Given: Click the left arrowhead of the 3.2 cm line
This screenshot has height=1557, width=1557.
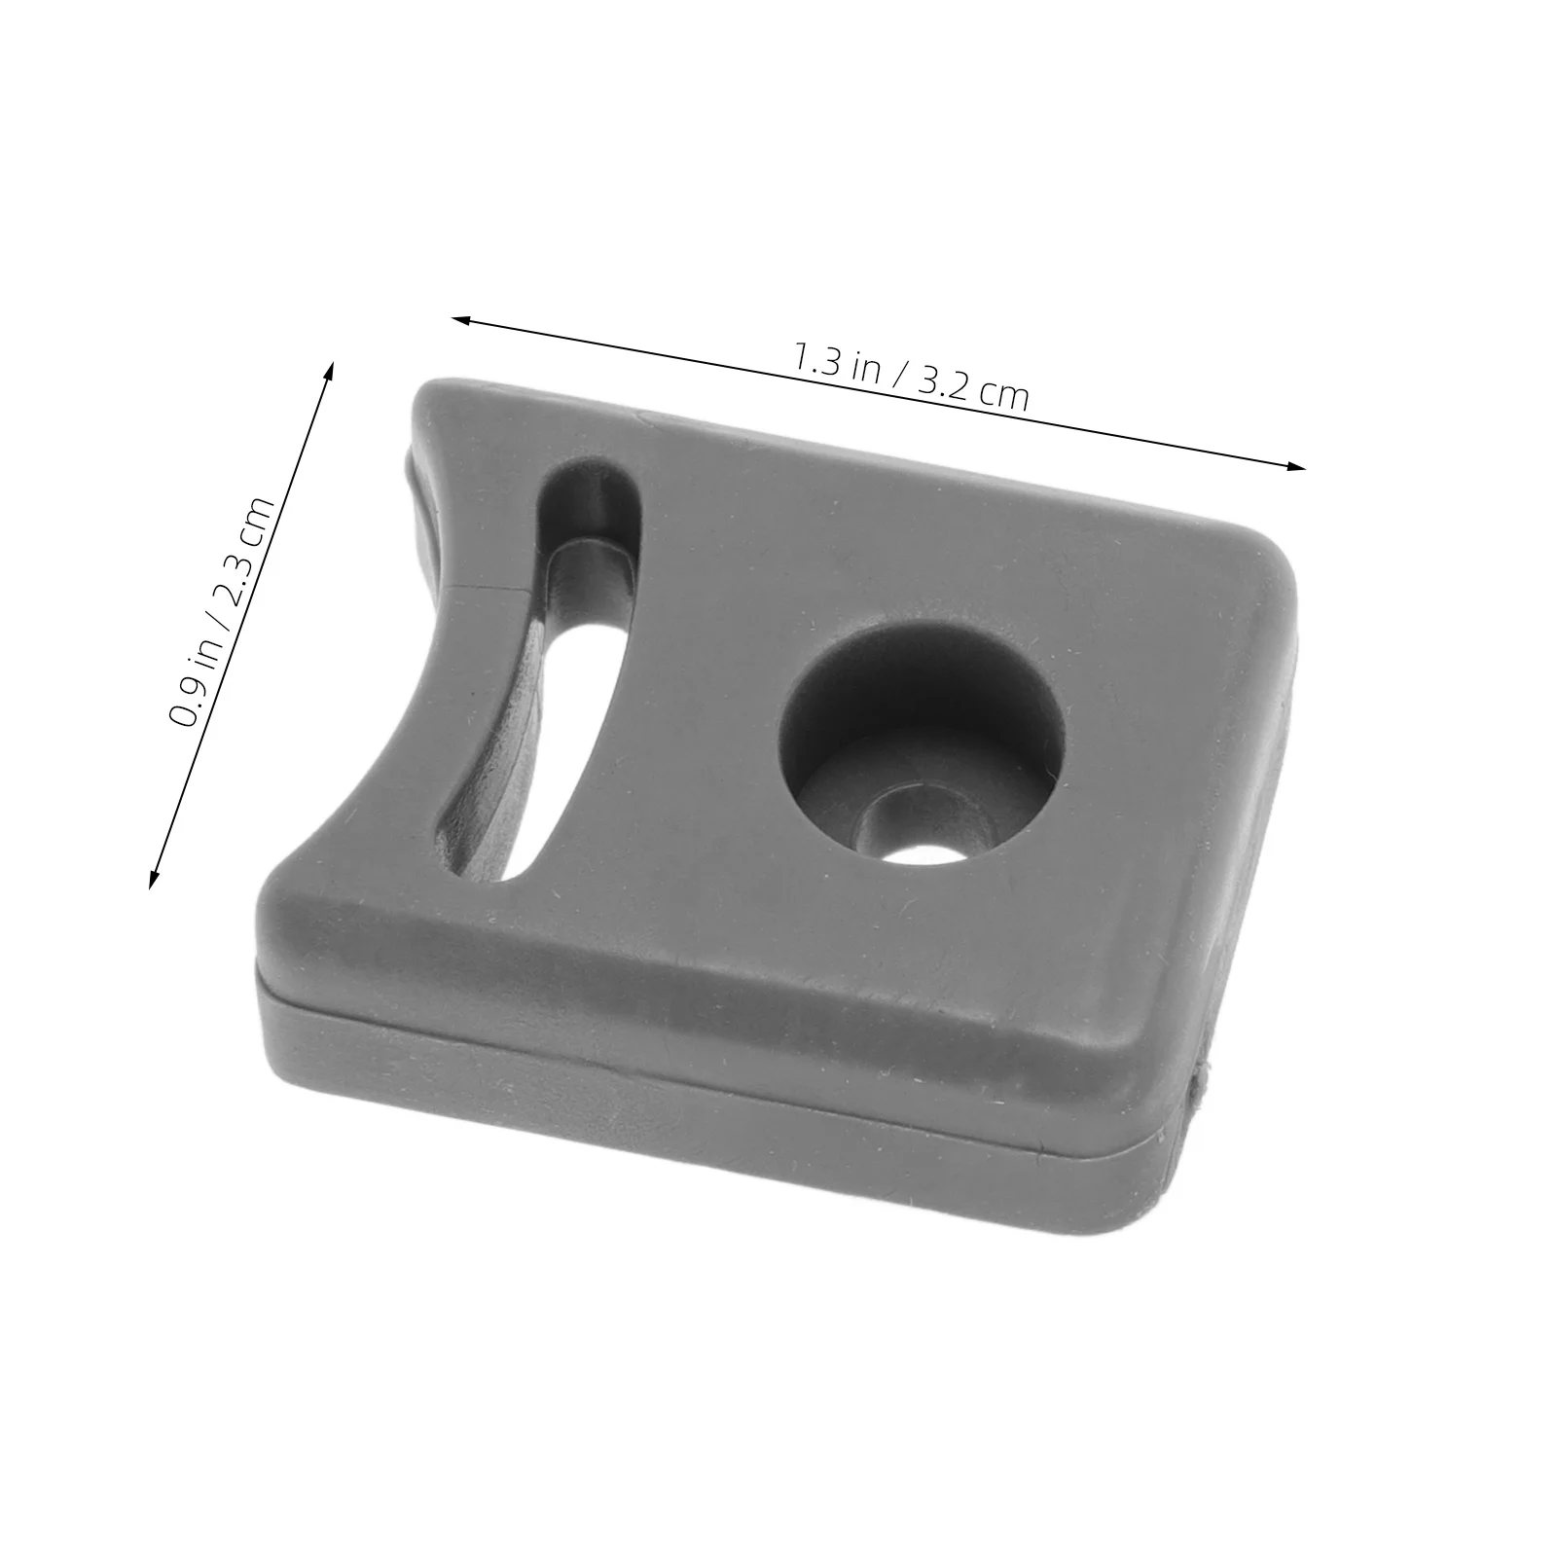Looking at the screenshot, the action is pos(461,318).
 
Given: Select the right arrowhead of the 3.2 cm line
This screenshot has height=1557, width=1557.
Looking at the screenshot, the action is pos(1295,468).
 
